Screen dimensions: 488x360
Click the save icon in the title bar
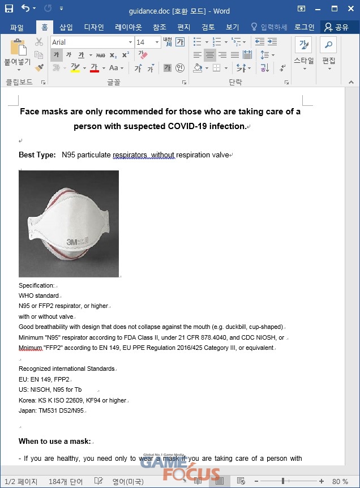click(9, 8)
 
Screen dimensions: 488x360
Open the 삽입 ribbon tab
click(66, 27)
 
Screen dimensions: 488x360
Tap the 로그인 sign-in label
click(304, 27)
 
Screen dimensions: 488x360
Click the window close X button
click(349, 8)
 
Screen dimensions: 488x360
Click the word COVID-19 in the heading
click(187, 126)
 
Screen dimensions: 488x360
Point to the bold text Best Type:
click(37, 155)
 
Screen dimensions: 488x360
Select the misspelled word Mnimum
click(31, 348)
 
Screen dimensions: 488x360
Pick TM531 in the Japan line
click(51, 410)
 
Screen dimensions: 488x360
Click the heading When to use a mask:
click(54, 441)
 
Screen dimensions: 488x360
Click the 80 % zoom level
click(340, 481)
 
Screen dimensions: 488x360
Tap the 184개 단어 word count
click(65, 481)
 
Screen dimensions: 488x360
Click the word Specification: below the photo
click(36, 285)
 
